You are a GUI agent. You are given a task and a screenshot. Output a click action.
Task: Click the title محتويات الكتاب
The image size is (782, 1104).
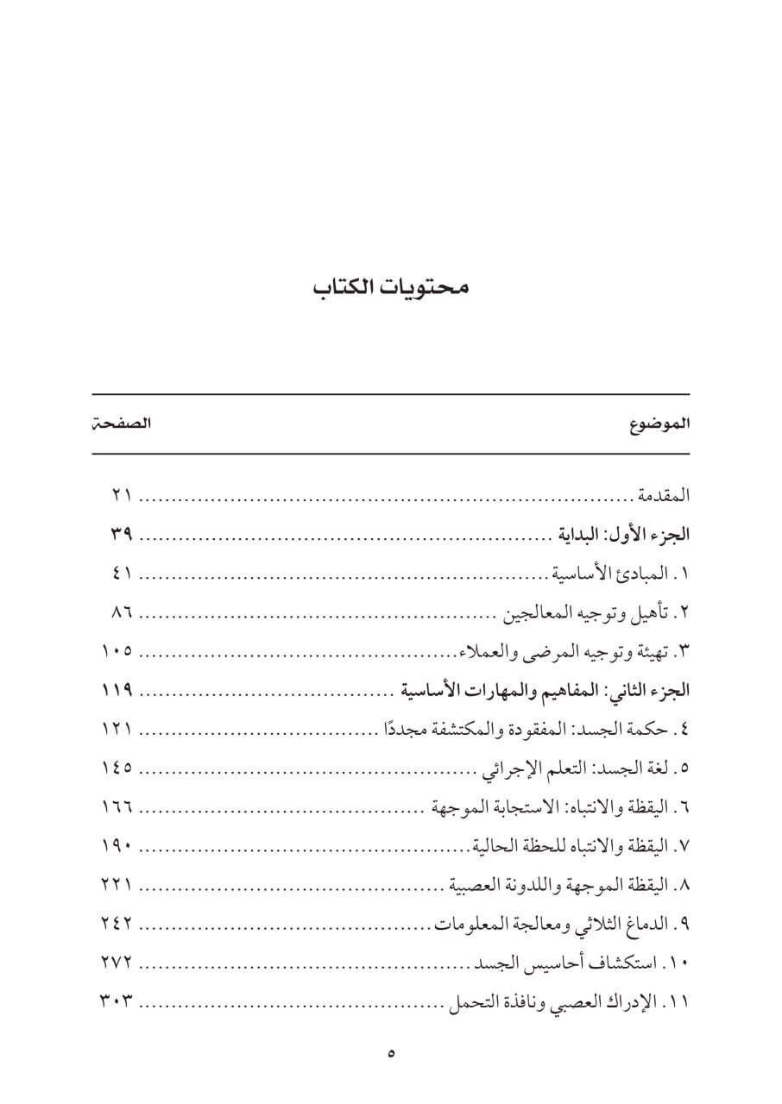(391, 287)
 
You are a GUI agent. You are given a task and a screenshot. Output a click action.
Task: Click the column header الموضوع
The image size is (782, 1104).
(660, 424)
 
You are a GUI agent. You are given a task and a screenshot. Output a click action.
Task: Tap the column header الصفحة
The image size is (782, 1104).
(122, 424)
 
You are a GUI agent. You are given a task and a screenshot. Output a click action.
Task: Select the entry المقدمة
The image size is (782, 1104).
(663, 496)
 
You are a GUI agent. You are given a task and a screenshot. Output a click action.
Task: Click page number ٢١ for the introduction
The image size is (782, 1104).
(121, 496)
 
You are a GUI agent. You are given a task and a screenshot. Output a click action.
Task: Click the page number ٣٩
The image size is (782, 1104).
(121, 535)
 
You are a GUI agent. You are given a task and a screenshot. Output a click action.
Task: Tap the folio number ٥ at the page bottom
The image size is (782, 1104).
(391, 1053)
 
